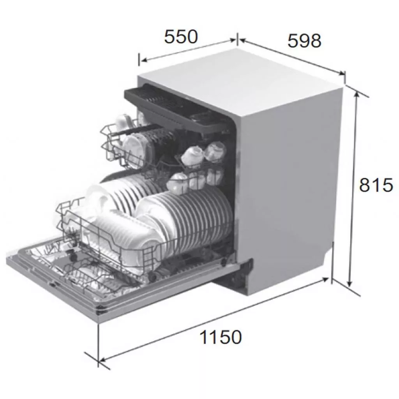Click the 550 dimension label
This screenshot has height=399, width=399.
(181, 37)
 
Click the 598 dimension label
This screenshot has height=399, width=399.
(304, 41)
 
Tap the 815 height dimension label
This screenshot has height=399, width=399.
(376, 185)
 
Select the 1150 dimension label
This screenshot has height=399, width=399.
(221, 337)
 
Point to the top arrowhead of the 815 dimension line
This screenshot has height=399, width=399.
(357, 94)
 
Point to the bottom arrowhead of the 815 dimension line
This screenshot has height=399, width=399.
(350, 284)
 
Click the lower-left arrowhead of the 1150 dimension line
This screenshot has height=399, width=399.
(102, 359)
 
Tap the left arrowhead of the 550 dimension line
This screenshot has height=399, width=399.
(144, 60)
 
